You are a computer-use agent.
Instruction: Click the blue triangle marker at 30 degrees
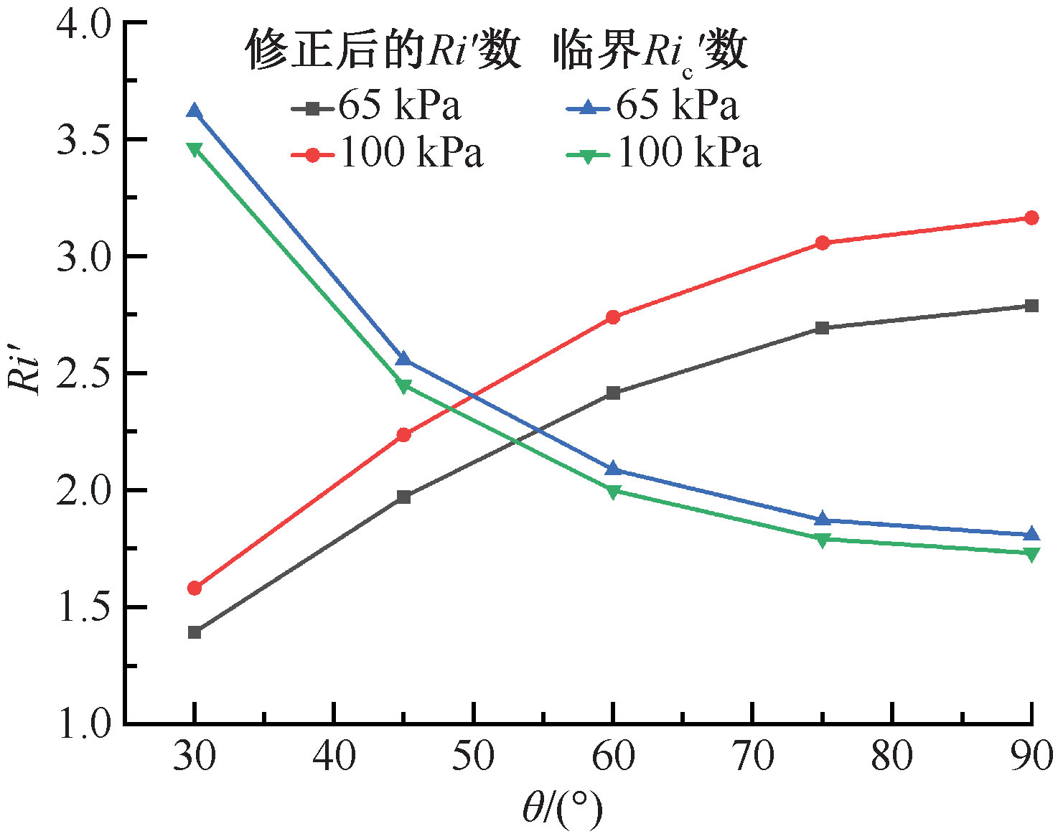194,111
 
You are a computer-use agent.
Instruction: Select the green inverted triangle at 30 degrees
194,149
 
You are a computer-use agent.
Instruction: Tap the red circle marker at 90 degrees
1031,217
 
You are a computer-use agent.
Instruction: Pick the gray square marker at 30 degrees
195,632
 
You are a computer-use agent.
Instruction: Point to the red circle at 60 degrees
613,317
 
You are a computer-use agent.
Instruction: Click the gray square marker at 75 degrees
823,328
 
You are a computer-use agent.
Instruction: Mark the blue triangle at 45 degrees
403,359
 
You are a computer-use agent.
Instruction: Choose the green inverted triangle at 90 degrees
1031,553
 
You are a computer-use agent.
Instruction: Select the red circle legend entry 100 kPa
388,154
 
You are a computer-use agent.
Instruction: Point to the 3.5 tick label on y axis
83,139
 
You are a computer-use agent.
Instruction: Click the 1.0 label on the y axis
83,723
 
